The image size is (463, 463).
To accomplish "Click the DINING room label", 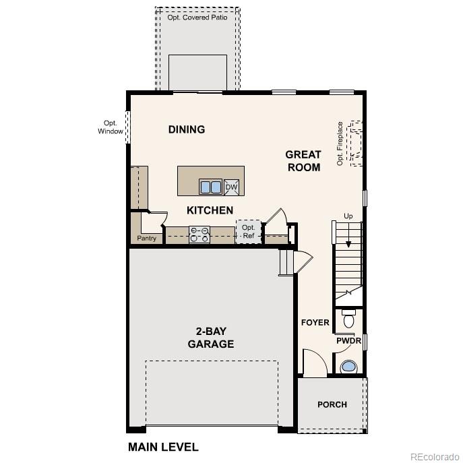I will coord(187,129).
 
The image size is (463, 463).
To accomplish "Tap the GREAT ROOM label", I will coord(303,160).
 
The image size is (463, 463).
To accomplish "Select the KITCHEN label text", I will coord(210,210).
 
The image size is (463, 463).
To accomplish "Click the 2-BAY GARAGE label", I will coord(210,338).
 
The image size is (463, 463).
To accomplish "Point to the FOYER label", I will coord(315,323).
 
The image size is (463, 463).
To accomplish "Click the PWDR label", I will coord(349,341).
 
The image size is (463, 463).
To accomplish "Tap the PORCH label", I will coord(332,404).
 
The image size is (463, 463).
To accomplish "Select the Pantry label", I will coord(147,239).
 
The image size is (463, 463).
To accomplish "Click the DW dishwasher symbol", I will coord(231,187).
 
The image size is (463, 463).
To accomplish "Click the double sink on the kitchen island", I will coord(210,186).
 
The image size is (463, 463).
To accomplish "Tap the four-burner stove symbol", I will coord(199,234).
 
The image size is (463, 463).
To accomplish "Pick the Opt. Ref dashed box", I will coord(248,232).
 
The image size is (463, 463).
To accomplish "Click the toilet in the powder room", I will coord(348,319).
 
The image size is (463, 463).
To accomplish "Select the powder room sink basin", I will coord(348,367).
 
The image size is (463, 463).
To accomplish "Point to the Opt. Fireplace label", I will coord(340,144).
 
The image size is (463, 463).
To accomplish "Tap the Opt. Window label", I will coord(111,127).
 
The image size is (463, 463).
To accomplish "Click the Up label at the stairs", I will coord(348,216).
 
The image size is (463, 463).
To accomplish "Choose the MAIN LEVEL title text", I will coord(163,447).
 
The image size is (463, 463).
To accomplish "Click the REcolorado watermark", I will coord(434,456).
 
